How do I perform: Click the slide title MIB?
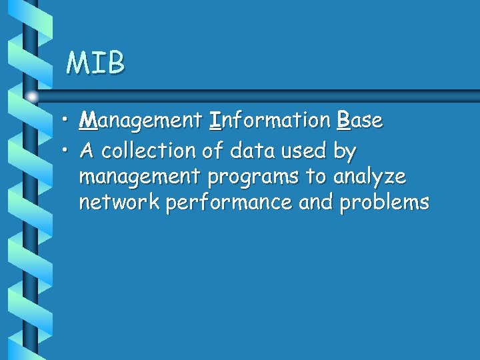coord(95,63)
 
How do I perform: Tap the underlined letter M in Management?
coord(87,121)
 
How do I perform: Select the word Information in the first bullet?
coord(269,121)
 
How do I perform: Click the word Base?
coord(359,121)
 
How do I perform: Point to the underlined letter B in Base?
coord(343,121)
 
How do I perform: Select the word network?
coord(119,202)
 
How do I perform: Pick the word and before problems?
coord(317,202)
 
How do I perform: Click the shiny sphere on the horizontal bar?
coord(31,95)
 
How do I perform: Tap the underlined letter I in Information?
coord(215,121)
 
